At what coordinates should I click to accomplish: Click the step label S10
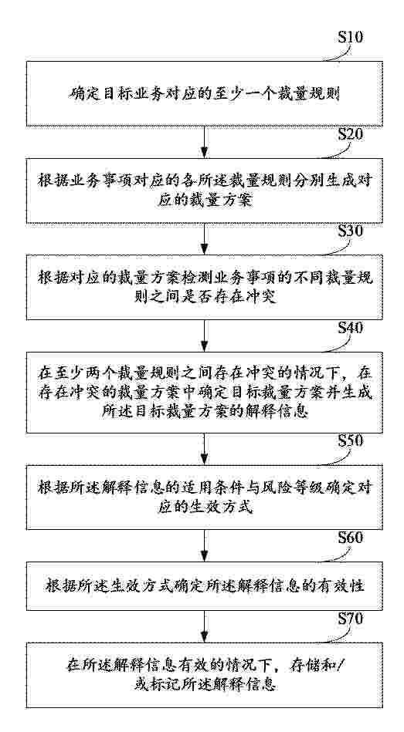(350, 38)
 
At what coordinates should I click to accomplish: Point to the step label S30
(350, 231)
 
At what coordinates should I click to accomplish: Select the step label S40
(350, 329)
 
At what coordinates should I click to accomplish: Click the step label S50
(350, 440)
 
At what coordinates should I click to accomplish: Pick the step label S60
(350, 538)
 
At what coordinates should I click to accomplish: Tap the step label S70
(350, 619)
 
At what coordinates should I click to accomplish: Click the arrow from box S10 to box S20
(205, 143)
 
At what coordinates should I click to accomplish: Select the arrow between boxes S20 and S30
(205, 239)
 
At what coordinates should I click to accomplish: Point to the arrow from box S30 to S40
(205, 336)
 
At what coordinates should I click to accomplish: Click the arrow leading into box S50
(205, 449)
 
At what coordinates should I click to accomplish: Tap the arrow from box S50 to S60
(205, 546)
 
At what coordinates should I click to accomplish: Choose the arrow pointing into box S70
(205, 626)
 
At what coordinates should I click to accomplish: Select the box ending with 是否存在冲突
(205, 287)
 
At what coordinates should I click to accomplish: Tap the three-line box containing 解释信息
(205, 393)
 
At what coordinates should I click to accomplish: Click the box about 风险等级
(205, 498)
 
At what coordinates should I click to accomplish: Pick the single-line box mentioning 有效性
(205, 586)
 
